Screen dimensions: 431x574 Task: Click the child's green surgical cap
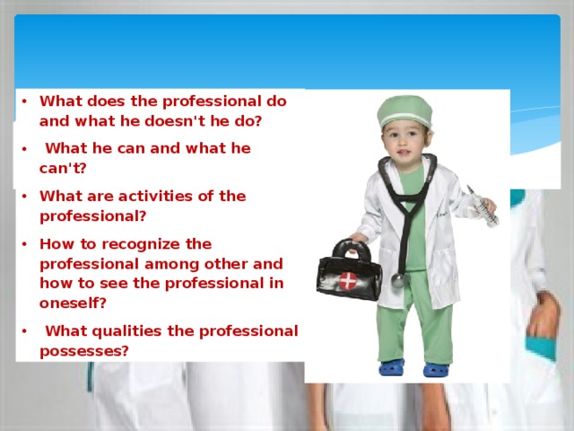[x=404, y=112]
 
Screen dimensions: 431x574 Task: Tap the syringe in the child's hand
[x=483, y=207]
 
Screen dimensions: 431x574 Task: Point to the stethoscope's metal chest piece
[x=398, y=281]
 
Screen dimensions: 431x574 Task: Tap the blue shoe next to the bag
[x=391, y=366]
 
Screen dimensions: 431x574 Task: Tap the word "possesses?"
[x=84, y=351]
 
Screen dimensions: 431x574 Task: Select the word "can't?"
[x=63, y=168]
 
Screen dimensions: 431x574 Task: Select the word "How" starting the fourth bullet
[x=56, y=244]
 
